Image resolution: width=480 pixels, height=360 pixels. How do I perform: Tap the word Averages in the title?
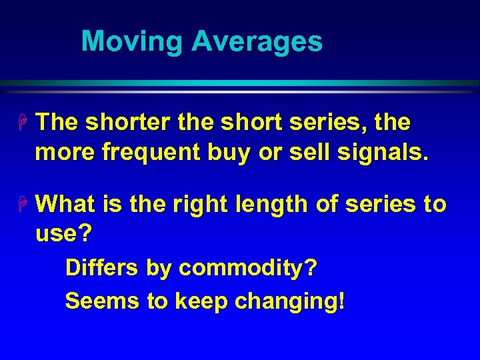[257, 41]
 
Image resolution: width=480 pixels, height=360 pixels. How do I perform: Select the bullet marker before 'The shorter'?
[22, 123]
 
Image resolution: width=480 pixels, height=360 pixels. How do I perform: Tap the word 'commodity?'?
[248, 269]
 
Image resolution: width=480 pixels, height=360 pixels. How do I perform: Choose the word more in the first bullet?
[64, 153]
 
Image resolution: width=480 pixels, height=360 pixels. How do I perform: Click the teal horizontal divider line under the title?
[240, 83]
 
